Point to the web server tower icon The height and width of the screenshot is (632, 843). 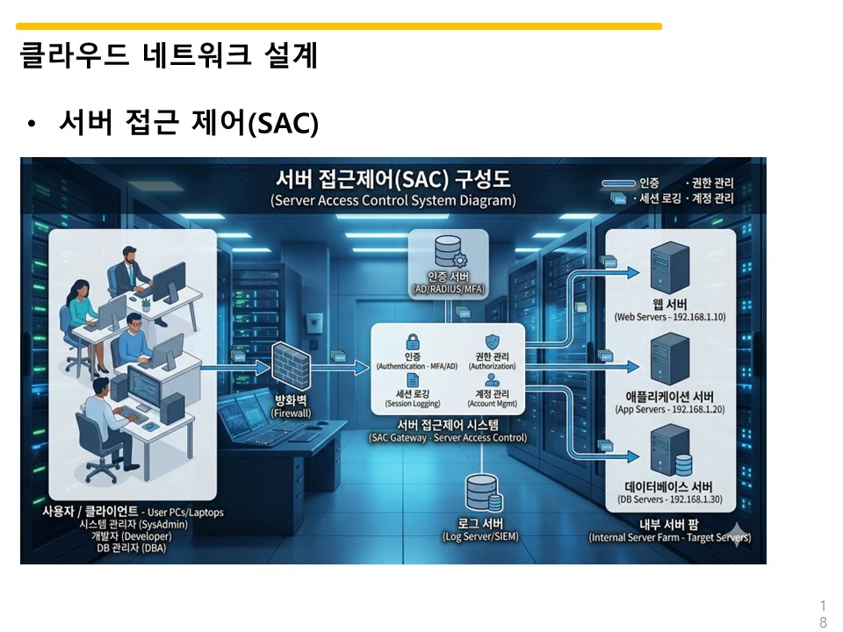click(x=669, y=269)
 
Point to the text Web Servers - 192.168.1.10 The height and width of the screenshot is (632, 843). click(x=669, y=317)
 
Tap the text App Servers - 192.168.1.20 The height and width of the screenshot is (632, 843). click(x=669, y=410)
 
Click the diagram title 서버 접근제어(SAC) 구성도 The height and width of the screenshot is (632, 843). click(x=393, y=180)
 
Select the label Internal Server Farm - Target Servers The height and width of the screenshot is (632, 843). click(x=669, y=537)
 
